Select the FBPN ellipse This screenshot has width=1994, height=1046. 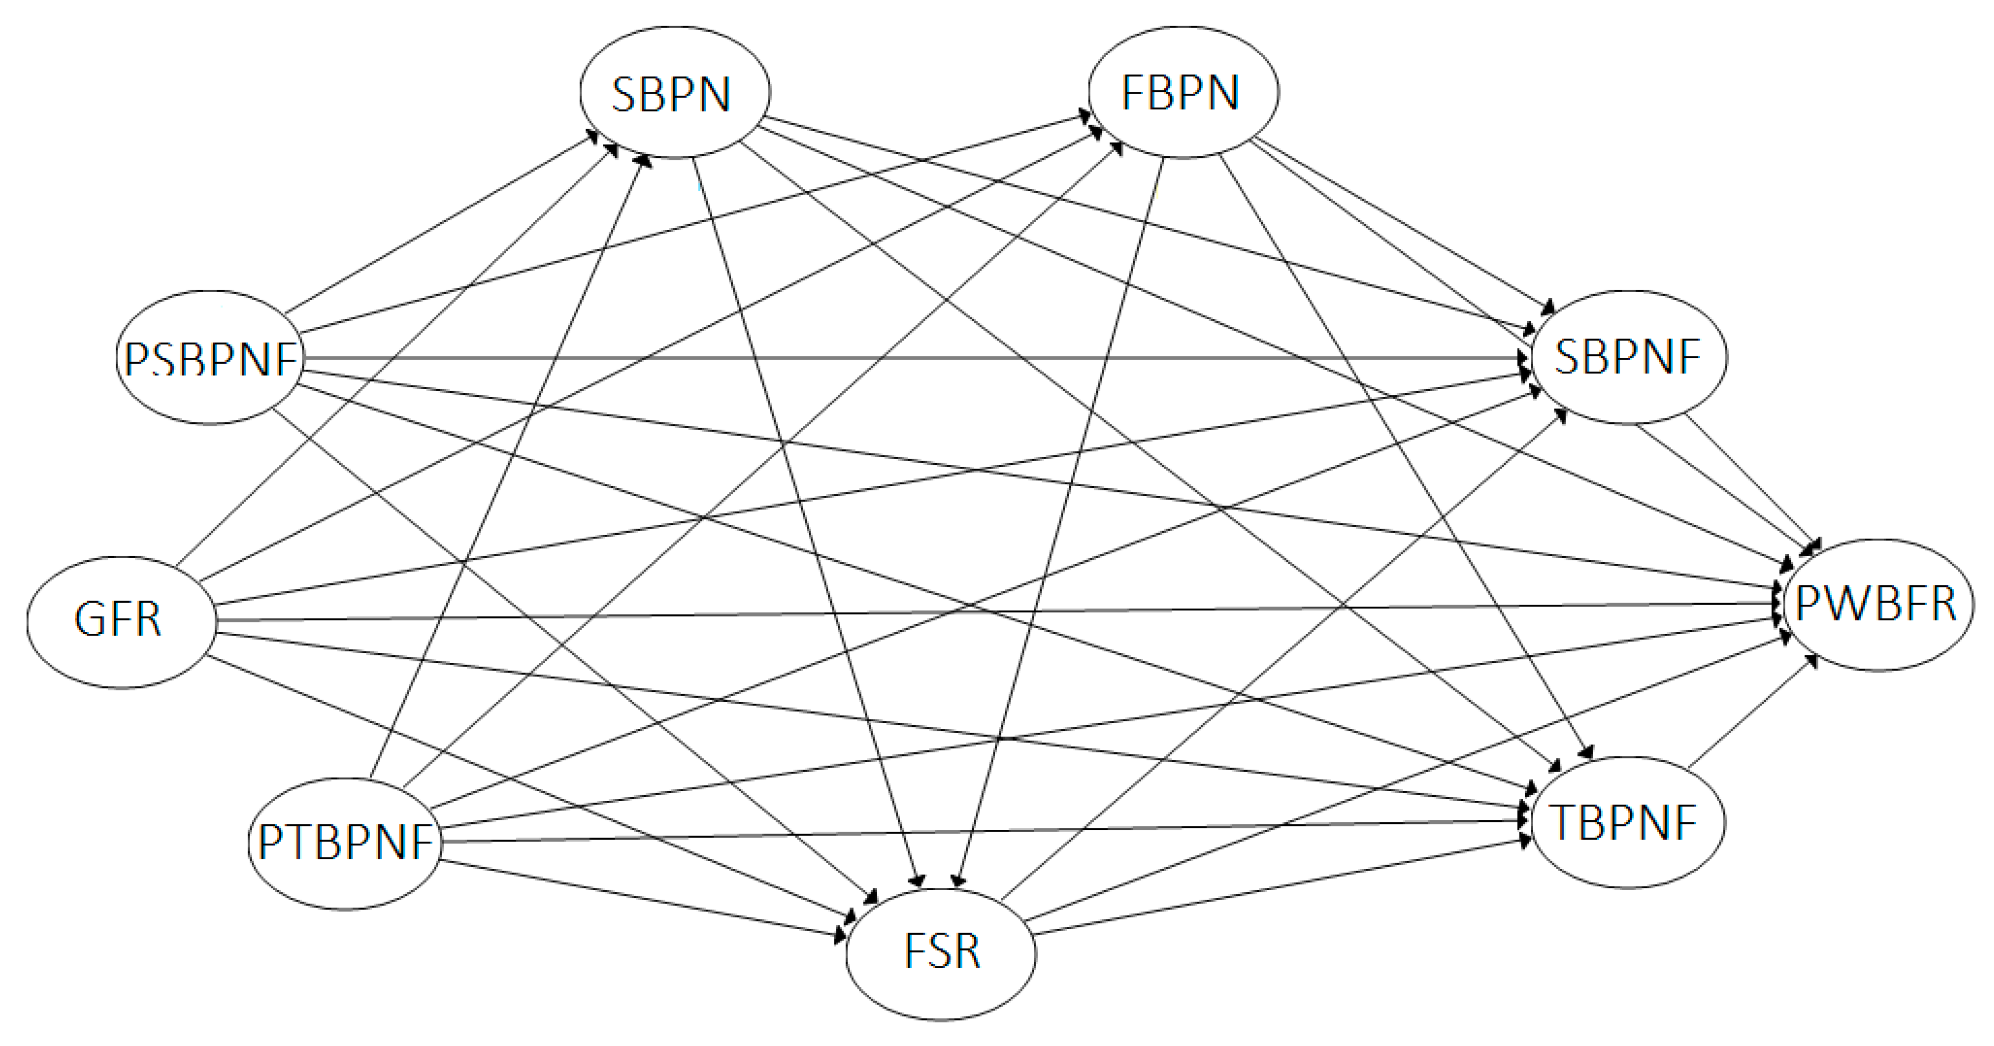click(x=1183, y=93)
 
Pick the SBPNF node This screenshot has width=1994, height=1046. click(x=1628, y=358)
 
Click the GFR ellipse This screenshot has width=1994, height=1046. click(x=121, y=621)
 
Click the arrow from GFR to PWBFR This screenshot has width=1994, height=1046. click(x=999, y=612)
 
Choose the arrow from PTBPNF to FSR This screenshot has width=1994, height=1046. click(x=642, y=899)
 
